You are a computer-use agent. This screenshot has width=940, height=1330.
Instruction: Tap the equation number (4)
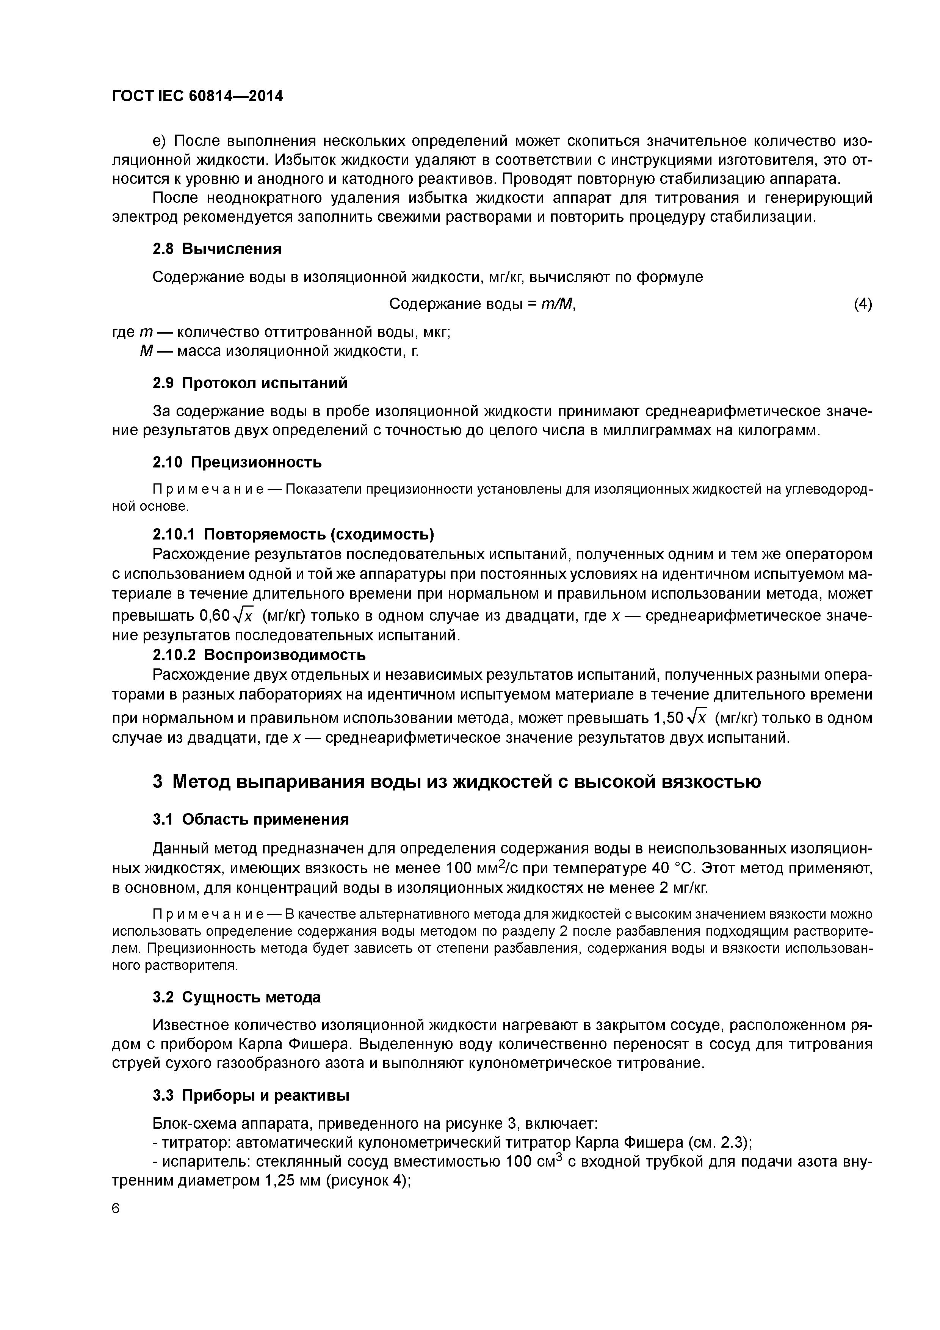(862, 304)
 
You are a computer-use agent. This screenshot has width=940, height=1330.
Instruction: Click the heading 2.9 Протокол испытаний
(250, 383)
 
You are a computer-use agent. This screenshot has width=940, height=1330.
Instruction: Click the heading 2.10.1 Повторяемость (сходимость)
(293, 533)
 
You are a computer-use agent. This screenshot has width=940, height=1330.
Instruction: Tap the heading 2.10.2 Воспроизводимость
(259, 654)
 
